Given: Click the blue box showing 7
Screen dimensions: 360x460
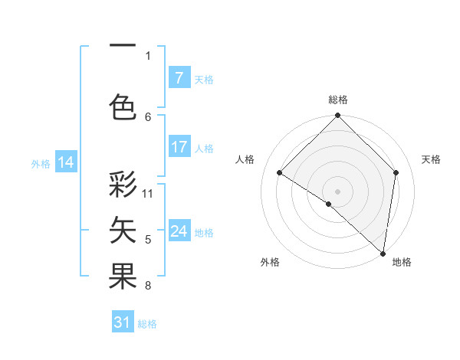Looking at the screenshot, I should [x=179, y=78].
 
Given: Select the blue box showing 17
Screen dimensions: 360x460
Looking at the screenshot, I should [x=179, y=147].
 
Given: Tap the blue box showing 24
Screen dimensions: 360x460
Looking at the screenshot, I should [x=179, y=231].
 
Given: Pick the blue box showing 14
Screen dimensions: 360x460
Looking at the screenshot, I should [x=66, y=162].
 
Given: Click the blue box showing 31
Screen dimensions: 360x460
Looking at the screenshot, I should [x=123, y=322].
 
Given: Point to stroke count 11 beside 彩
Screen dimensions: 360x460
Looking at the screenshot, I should [x=148, y=193].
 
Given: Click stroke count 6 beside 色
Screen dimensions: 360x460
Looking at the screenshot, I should [x=148, y=116].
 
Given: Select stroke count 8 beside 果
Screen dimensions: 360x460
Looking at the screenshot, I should [x=148, y=286].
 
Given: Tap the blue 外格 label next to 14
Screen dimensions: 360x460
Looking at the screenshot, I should [x=41, y=163].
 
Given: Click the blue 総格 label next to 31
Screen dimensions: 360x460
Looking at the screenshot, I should [x=147, y=324].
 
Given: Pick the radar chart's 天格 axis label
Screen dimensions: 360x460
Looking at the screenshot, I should [x=431, y=159].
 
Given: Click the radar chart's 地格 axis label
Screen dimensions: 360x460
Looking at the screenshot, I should [x=402, y=262].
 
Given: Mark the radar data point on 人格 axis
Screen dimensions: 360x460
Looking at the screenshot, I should [x=280, y=173].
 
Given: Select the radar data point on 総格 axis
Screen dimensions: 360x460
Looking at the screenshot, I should [x=337, y=116].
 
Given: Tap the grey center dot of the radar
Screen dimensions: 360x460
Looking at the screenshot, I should [x=337, y=191].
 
